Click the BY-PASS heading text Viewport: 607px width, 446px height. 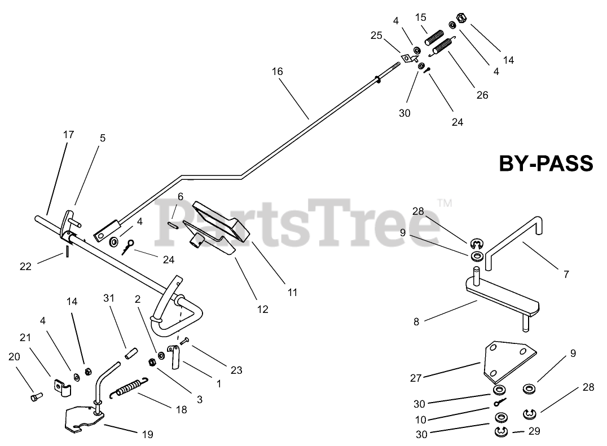[546, 164]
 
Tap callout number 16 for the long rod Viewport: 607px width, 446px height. [277, 72]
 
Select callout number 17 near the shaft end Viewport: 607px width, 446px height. [68, 135]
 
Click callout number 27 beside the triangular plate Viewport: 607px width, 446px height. [416, 378]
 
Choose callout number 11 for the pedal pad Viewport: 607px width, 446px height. [292, 293]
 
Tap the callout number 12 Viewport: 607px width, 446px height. [262, 309]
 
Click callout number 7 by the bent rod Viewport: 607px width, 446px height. [566, 275]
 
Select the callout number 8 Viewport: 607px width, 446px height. [416, 322]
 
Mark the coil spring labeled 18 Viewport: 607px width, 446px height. [130, 387]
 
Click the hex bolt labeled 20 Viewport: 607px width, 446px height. [35, 397]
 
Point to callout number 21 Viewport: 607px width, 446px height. [24, 338]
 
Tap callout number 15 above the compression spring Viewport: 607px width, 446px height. [421, 17]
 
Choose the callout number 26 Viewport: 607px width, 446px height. [482, 95]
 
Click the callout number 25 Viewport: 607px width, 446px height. [376, 36]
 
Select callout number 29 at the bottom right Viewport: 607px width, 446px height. [534, 431]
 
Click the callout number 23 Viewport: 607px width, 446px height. [236, 370]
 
